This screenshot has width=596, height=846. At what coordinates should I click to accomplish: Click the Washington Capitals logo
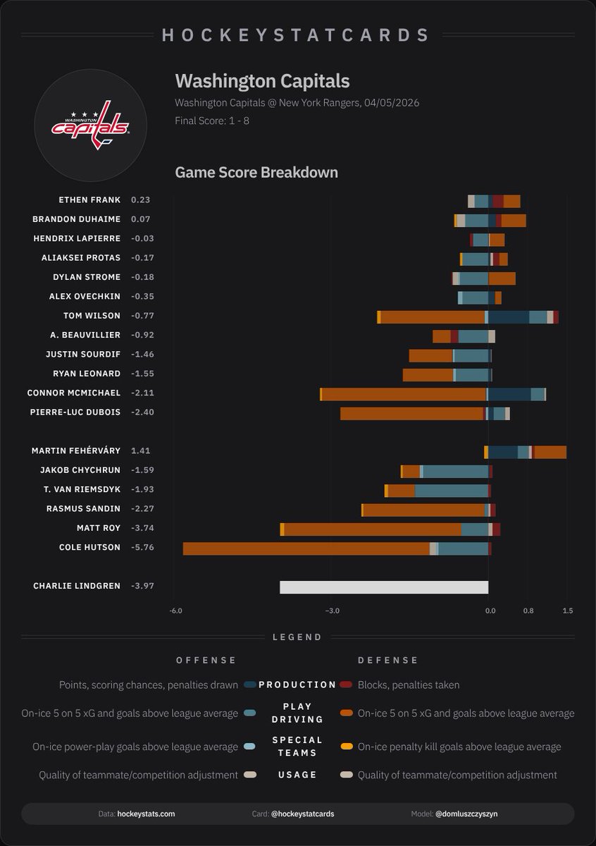click(x=89, y=125)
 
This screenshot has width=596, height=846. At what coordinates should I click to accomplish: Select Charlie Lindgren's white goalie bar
click(x=384, y=587)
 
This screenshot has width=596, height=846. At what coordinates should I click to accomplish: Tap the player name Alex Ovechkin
click(x=85, y=297)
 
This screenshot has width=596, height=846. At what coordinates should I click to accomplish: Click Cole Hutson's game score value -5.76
click(x=142, y=547)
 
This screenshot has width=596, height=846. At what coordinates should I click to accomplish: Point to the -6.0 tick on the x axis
click(x=176, y=611)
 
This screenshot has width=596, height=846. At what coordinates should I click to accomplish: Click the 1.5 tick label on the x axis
click(x=568, y=611)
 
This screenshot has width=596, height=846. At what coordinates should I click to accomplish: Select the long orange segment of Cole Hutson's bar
click(x=306, y=548)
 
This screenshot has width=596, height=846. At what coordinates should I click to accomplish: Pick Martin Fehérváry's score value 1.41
click(x=141, y=450)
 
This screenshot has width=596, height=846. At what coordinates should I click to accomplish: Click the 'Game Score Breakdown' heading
click(x=256, y=173)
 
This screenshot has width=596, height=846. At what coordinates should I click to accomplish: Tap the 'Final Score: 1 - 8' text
click(x=212, y=121)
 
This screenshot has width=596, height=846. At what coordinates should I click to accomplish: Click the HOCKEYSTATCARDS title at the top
click(x=297, y=35)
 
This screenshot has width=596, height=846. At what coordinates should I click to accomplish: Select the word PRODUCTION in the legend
click(x=297, y=685)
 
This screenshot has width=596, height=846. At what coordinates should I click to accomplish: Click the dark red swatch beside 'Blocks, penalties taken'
click(x=346, y=685)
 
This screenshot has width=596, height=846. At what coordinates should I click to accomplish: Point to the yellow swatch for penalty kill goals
click(x=346, y=747)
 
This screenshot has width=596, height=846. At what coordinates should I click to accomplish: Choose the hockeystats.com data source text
click(x=146, y=814)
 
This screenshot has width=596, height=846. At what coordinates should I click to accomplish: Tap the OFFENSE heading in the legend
click(x=206, y=661)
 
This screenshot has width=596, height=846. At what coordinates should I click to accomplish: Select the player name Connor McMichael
click(x=74, y=393)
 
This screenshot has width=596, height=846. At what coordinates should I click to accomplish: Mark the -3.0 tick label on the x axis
click(x=332, y=611)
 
